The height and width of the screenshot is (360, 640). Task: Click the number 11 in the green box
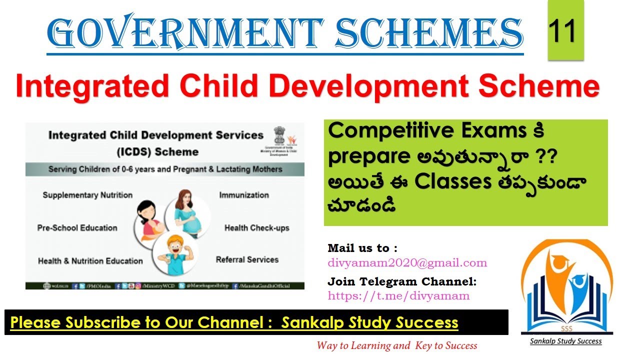(x=565, y=30)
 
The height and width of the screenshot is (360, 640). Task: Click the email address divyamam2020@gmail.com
(x=407, y=262)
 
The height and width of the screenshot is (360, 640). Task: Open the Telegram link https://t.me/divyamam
(x=398, y=295)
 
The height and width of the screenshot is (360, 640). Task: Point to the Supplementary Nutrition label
(x=87, y=195)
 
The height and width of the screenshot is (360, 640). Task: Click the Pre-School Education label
(x=77, y=228)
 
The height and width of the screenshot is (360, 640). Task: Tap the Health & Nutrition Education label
(x=90, y=261)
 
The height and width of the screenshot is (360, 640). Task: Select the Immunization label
(x=244, y=195)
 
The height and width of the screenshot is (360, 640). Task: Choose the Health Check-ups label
(x=256, y=228)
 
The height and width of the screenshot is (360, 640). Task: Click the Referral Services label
(x=247, y=259)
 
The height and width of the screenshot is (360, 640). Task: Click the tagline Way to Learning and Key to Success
(x=396, y=345)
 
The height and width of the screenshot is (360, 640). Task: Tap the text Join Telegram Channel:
(x=402, y=281)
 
